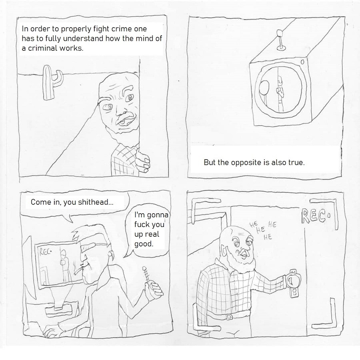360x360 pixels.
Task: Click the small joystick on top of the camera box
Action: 280,40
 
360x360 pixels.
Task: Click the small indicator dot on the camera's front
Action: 302,62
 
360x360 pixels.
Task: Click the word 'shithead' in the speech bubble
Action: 94,202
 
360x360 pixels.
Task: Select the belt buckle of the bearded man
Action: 229,317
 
